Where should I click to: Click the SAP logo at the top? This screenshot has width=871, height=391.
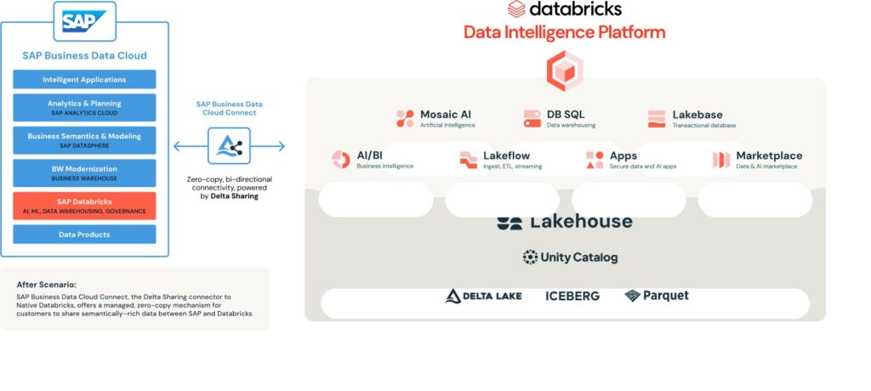coord(84,20)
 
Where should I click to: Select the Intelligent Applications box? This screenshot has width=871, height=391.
coord(84,80)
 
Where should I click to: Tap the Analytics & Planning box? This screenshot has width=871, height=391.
coord(84,107)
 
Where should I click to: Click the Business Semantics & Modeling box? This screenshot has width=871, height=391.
coord(84,139)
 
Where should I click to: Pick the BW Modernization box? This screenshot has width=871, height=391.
coord(84,173)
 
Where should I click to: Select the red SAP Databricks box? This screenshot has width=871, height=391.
coord(84,206)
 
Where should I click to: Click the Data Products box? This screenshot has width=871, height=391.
coord(84,234)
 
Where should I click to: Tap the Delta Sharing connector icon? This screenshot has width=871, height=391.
coord(229,146)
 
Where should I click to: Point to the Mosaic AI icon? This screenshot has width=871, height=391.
coord(405,118)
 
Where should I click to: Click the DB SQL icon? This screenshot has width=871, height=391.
coord(532,118)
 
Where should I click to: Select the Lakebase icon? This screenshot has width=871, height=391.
coord(657,118)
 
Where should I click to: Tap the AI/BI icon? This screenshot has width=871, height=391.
coord(341,159)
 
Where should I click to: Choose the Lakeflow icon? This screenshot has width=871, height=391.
coord(468,159)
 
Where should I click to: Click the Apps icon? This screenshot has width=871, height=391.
coord(595,159)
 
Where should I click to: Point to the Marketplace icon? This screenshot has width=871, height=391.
coord(721,159)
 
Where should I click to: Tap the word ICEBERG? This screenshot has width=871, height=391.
coord(572,296)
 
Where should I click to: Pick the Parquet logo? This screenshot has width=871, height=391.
coord(656,296)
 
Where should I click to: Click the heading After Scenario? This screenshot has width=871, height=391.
coord(46,284)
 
